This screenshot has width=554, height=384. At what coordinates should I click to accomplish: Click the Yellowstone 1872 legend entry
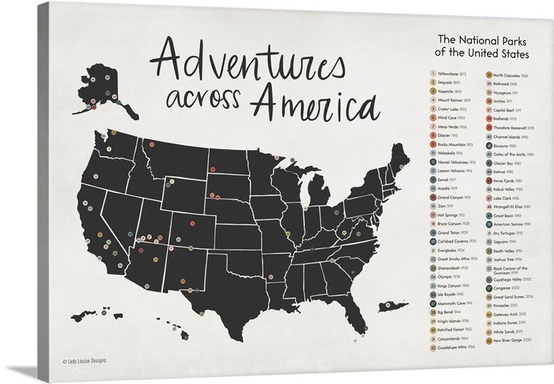pyautogui.click(x=454, y=73)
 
